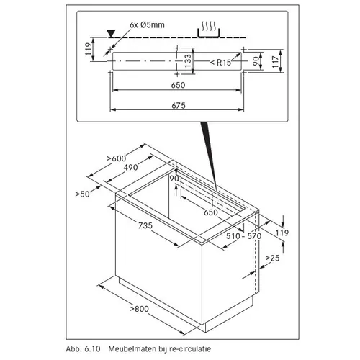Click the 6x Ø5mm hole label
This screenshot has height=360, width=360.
147,25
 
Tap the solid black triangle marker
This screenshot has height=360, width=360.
111,33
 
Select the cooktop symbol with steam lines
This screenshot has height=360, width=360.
208,30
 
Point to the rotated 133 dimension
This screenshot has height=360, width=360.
188,60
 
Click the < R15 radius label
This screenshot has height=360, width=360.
220,63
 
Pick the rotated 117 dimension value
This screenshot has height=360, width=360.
276,62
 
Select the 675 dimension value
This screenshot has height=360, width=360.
179,105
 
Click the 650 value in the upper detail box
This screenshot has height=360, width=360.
178,85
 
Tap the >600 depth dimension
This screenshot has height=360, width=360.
117,158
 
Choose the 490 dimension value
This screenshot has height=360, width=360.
131,167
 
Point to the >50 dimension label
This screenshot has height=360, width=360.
82,194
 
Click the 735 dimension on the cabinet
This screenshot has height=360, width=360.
145,225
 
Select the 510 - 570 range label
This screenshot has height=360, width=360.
244,236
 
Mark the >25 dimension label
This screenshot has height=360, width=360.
273,258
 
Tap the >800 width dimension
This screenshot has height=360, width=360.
139,309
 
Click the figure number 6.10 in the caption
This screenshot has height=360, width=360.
92,348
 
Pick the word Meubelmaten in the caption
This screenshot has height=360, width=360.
132,348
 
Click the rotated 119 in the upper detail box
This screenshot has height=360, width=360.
89,49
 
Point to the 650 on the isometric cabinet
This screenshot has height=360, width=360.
211,212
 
